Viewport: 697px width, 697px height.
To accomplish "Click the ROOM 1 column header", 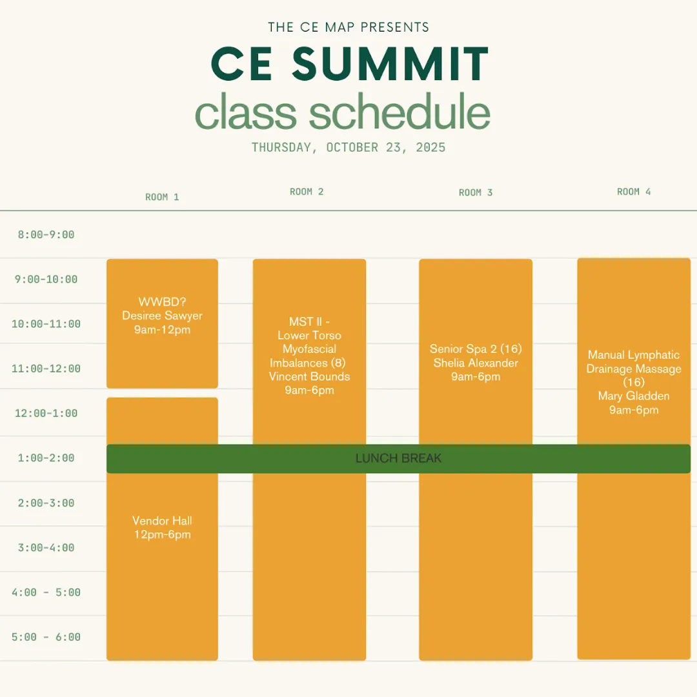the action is tap(162, 197).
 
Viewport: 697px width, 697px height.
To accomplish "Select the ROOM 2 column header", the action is tap(307, 192).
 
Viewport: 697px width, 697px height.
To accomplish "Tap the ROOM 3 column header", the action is tap(476, 192).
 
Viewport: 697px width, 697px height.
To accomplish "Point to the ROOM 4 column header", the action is tap(634, 192).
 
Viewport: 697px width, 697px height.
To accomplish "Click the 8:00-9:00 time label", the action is tap(46, 235).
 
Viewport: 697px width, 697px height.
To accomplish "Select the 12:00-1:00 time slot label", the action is tap(46, 414).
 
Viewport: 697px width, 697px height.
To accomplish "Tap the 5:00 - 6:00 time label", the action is tap(46, 637).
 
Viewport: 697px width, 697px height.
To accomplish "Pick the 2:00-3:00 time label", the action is tap(46, 503).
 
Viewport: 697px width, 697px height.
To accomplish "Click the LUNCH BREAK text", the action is tap(398, 458).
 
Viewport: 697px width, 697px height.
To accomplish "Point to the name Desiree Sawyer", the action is tap(162, 316).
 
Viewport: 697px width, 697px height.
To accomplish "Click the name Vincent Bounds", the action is tap(309, 376).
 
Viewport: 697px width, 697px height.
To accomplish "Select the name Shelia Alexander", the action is tap(476, 363).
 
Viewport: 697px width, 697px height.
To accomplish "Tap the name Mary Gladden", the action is tap(634, 396).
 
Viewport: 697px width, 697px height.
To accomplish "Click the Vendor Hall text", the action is tap(162, 521).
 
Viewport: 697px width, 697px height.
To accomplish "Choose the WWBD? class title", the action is tap(162, 302).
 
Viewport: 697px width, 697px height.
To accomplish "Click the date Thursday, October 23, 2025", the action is tap(348, 148).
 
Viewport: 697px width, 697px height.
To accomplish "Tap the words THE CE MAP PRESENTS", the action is tap(348, 27).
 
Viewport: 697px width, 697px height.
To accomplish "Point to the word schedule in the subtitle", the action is tap(399, 112).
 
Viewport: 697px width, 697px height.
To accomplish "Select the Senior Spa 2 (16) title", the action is tap(476, 349).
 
